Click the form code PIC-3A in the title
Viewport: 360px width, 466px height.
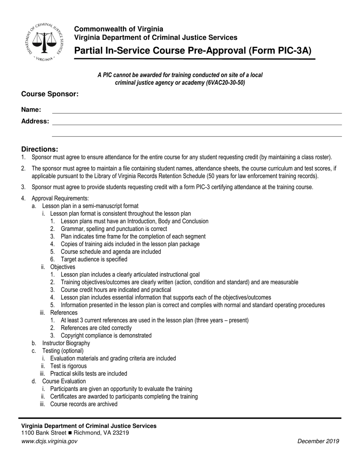[x=293, y=51]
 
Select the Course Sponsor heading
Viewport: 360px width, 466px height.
[x=50, y=94]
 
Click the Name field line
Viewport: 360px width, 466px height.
[x=197, y=112]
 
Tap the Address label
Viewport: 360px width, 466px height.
[x=35, y=121]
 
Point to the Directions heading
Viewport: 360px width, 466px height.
[x=40, y=149]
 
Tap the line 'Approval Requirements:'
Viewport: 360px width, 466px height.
[x=60, y=198]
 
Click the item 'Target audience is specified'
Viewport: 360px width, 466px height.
[x=94, y=260]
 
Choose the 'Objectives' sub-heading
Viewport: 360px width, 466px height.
[x=63, y=267]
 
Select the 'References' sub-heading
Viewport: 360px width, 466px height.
[x=64, y=313]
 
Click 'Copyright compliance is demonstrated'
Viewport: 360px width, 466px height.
[x=106, y=336]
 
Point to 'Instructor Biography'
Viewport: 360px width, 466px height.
[x=66, y=343]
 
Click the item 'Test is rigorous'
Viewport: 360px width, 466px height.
[x=68, y=366]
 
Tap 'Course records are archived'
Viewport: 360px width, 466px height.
[x=84, y=404]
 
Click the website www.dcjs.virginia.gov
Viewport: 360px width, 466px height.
[x=49, y=441]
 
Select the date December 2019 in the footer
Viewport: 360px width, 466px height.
[x=318, y=441]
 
